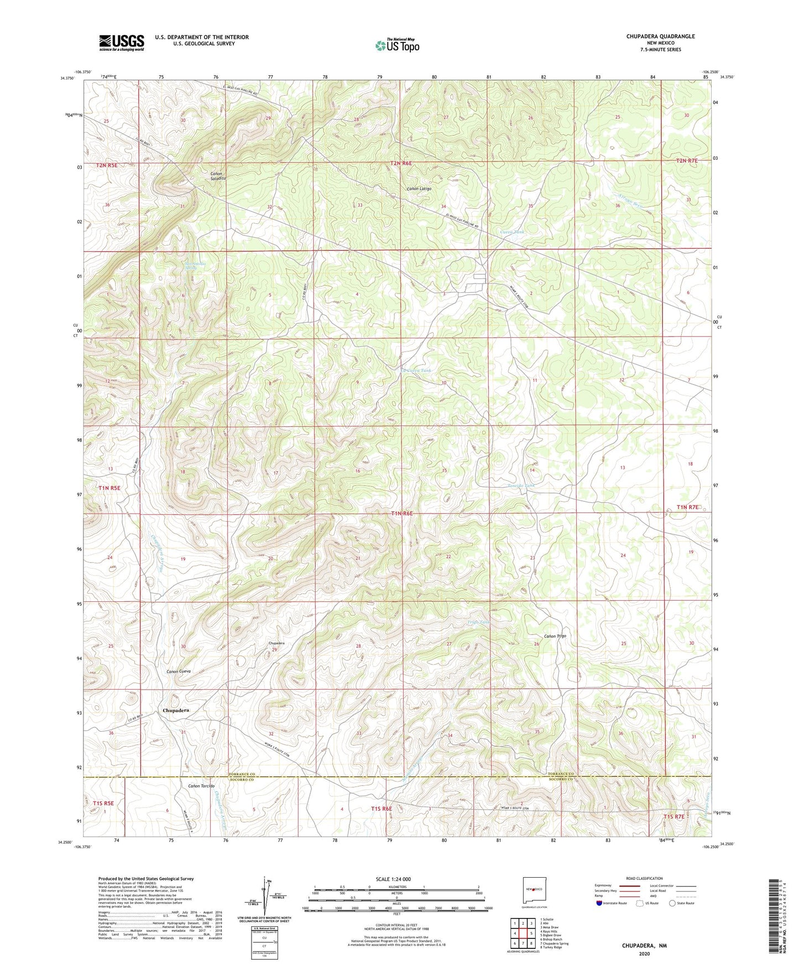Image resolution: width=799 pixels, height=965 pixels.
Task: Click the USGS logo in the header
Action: coord(122,43)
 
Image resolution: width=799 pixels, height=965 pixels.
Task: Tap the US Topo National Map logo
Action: coord(397,45)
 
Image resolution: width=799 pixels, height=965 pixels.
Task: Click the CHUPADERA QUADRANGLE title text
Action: coord(660,36)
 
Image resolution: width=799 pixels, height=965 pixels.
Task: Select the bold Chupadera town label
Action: coord(176,710)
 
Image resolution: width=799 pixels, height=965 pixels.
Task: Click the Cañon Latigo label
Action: coord(419,189)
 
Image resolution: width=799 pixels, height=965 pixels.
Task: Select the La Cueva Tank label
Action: coord(416,370)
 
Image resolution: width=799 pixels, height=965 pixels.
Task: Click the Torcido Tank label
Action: coord(521,486)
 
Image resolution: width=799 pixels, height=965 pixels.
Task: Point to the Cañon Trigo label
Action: coord(555,636)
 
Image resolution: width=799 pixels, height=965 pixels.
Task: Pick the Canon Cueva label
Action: coord(179,672)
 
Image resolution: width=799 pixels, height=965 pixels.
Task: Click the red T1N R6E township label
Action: coord(402,514)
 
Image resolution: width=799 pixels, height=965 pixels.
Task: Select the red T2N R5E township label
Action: coord(107,165)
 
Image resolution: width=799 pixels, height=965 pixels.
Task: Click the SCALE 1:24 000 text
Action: coord(393,879)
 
